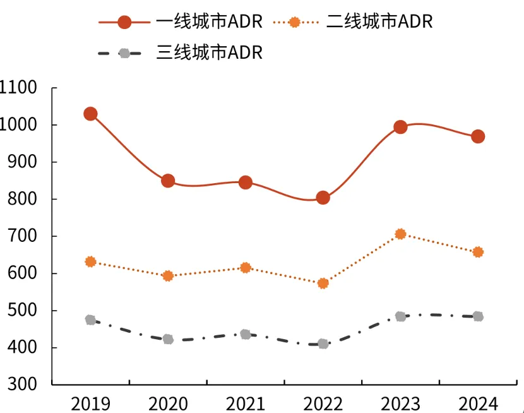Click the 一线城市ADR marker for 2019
(90, 114)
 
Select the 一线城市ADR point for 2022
(323, 198)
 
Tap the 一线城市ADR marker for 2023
(400, 127)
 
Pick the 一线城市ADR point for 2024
(478, 136)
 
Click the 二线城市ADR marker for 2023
(400, 234)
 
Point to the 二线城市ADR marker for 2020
(168, 276)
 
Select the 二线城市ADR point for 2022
(323, 284)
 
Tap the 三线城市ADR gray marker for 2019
(90, 320)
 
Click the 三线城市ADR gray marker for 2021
(246, 334)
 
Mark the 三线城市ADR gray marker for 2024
(478, 316)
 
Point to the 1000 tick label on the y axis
(21, 125)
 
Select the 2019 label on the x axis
(90, 402)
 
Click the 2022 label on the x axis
(323, 402)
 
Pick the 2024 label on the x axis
(478, 402)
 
